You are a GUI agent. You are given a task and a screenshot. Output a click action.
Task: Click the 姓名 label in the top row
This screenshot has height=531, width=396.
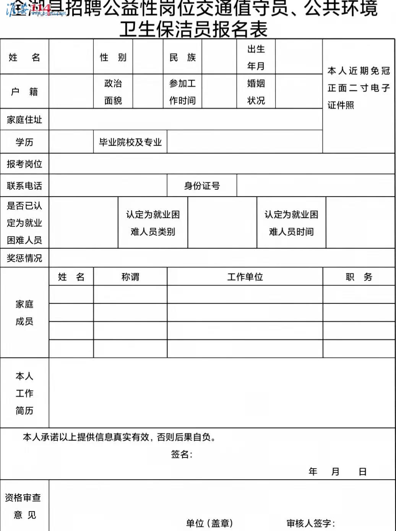click(x=24, y=57)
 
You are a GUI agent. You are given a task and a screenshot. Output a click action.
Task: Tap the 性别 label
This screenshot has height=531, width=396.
click(x=113, y=57)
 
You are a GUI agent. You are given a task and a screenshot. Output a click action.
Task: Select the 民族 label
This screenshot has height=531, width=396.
click(x=182, y=57)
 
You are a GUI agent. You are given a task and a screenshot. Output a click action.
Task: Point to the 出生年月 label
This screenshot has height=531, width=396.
click(x=256, y=57)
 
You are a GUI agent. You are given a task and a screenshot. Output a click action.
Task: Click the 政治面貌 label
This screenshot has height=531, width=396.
click(x=113, y=92)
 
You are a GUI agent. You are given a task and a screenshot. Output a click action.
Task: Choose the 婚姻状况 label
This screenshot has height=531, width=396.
click(x=256, y=92)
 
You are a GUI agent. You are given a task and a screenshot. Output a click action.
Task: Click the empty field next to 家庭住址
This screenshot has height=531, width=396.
click(x=185, y=120)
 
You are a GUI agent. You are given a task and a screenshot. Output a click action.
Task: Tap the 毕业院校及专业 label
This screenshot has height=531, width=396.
click(x=130, y=142)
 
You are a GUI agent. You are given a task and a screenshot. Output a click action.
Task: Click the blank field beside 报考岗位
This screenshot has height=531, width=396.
click(x=222, y=164)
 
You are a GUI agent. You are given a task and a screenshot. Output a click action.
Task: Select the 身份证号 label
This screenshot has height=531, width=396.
click(x=202, y=186)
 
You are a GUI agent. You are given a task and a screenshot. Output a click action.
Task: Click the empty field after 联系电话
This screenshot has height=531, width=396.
click(x=108, y=186)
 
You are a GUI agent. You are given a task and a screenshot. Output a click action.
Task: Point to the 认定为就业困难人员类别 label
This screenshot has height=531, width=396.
click(x=153, y=223)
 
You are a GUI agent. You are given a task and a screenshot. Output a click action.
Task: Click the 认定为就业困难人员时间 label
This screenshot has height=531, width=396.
click(x=291, y=223)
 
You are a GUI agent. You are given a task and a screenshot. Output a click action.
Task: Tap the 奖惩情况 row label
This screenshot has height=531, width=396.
click(x=24, y=258)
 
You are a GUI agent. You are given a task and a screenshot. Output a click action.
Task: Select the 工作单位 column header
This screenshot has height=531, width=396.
click(x=245, y=277)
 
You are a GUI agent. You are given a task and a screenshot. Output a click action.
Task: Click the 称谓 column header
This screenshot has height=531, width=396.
click(x=130, y=277)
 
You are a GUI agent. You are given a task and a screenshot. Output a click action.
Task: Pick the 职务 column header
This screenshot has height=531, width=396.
click(x=359, y=277)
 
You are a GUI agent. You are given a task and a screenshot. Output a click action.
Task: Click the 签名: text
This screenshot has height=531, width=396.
click(x=182, y=454)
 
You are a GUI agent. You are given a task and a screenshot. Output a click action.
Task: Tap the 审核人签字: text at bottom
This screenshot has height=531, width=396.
click(x=311, y=523)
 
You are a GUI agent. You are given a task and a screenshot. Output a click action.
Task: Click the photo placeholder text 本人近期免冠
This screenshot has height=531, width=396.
click(x=359, y=71)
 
